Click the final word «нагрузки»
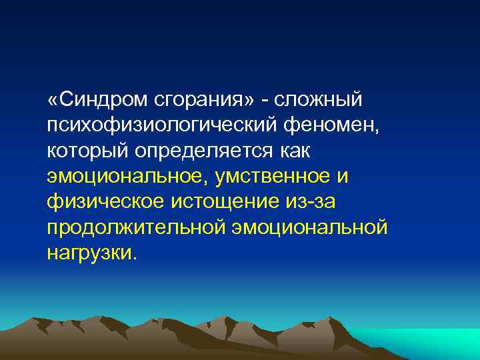(x=91, y=254)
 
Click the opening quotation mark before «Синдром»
(x=53, y=100)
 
